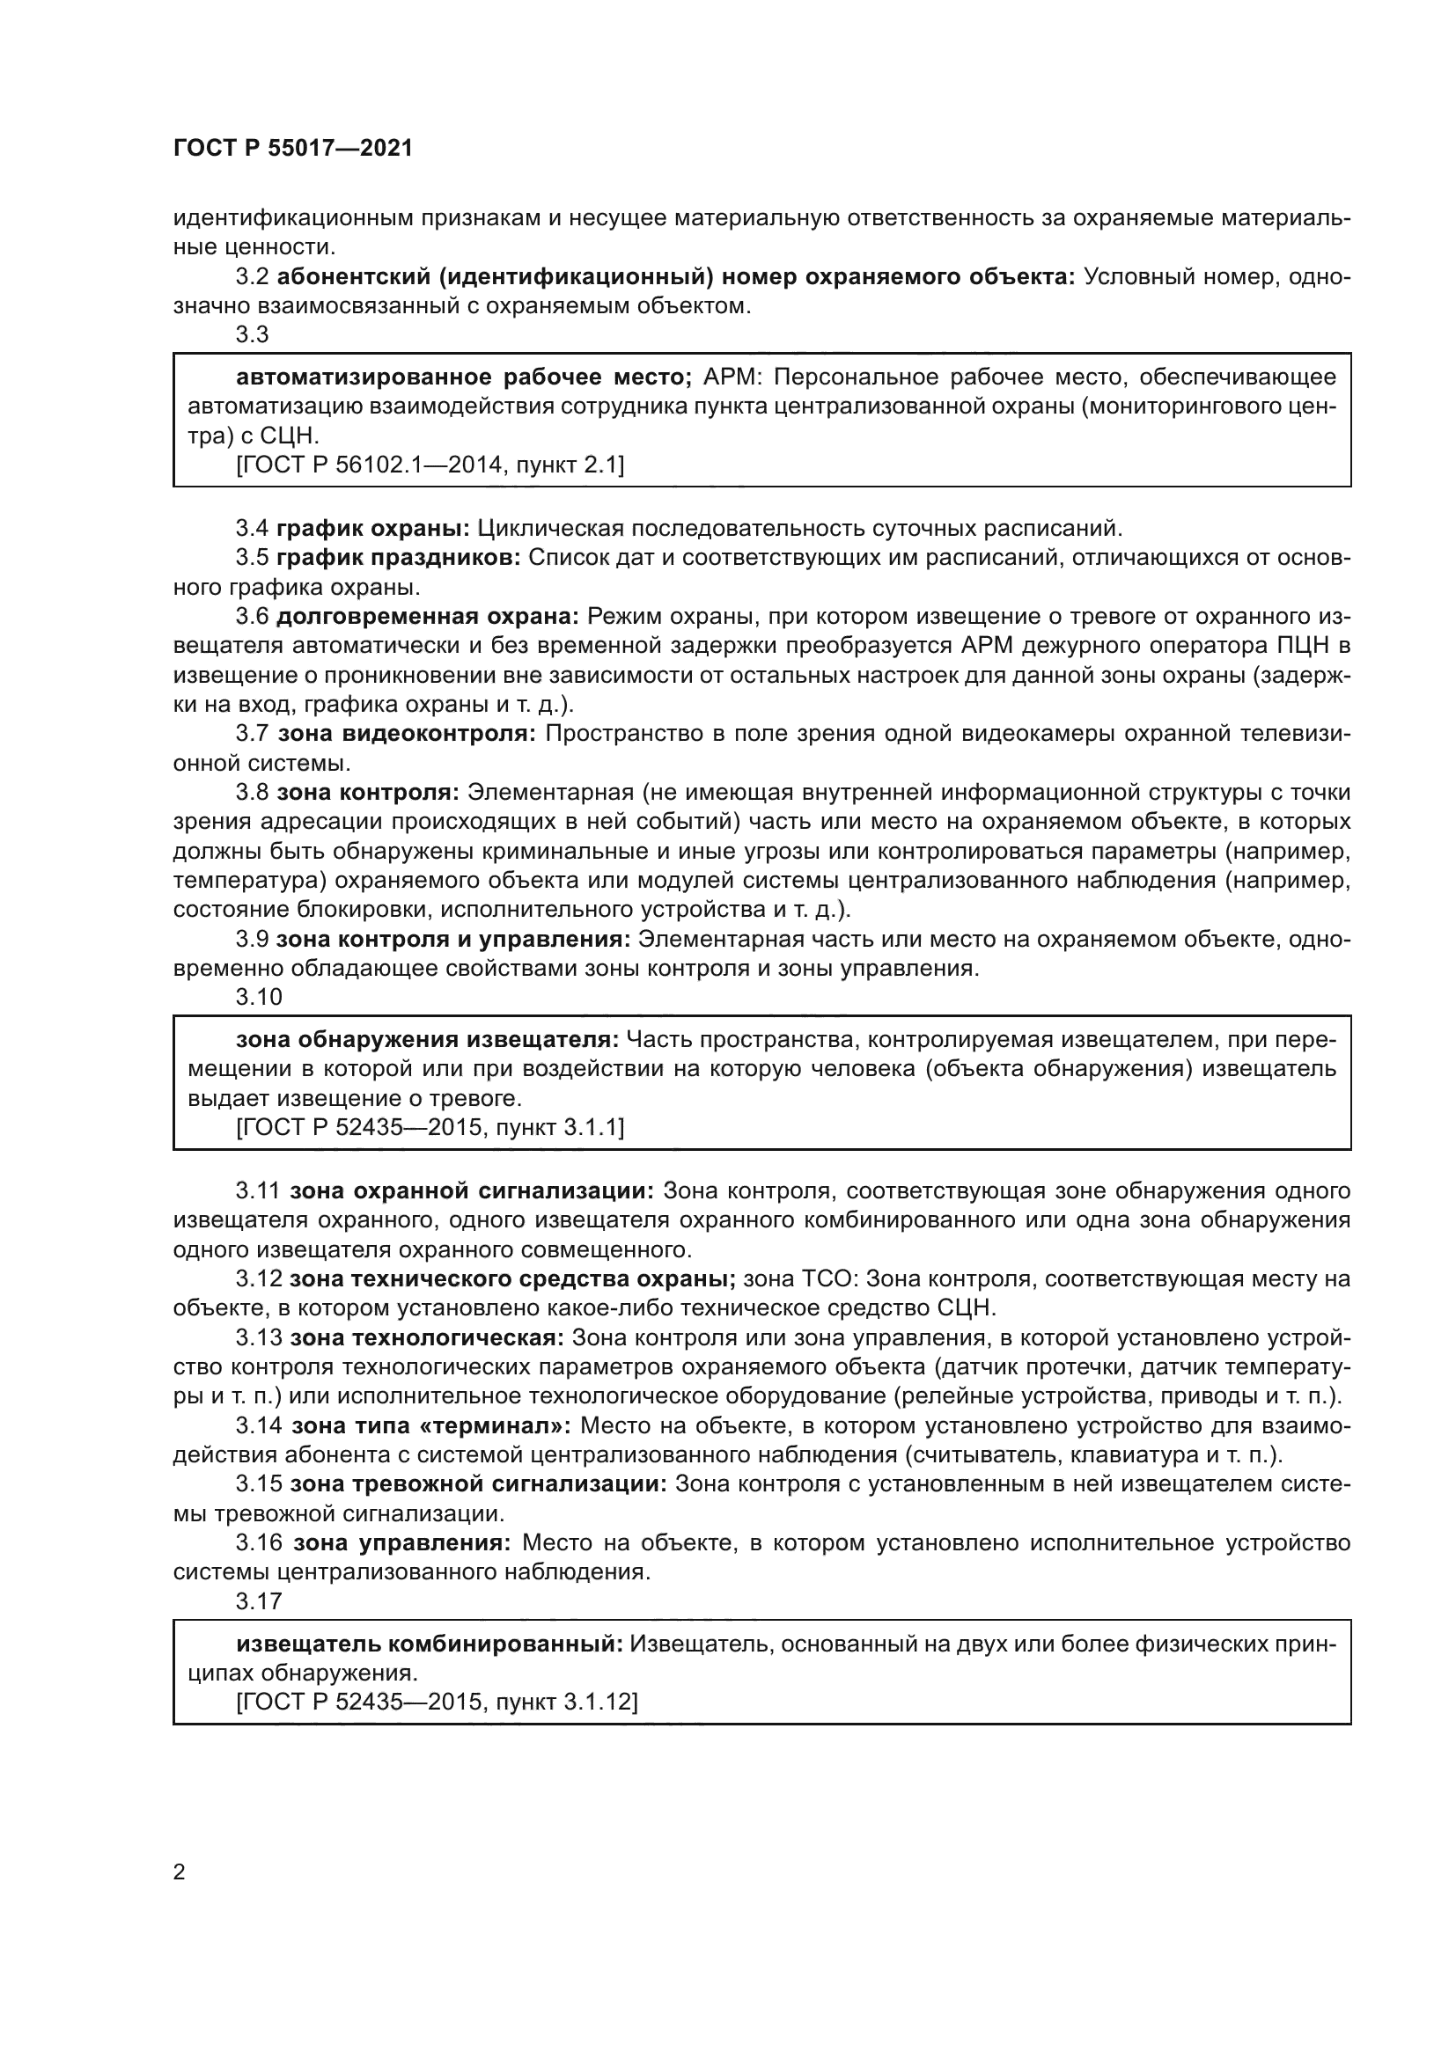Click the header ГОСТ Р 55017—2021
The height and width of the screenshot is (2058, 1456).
[293, 149]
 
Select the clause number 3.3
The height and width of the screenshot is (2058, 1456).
[252, 334]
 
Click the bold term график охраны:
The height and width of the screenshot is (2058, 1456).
[373, 528]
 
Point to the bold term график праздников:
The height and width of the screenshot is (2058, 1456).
[398, 558]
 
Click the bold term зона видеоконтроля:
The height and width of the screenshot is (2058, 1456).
[406, 733]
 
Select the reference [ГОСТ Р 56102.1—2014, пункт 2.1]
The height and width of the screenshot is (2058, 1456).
[430, 465]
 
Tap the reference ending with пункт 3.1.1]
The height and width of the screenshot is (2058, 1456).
[430, 1127]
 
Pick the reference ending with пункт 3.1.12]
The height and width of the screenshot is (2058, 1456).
[437, 1701]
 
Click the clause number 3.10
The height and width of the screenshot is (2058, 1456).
[258, 997]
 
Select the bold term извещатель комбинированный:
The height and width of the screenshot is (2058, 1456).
[430, 1643]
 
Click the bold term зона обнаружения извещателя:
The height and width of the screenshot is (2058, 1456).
[427, 1039]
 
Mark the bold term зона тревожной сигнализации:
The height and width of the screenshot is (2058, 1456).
[478, 1483]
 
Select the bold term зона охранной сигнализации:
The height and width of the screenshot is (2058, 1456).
[472, 1190]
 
